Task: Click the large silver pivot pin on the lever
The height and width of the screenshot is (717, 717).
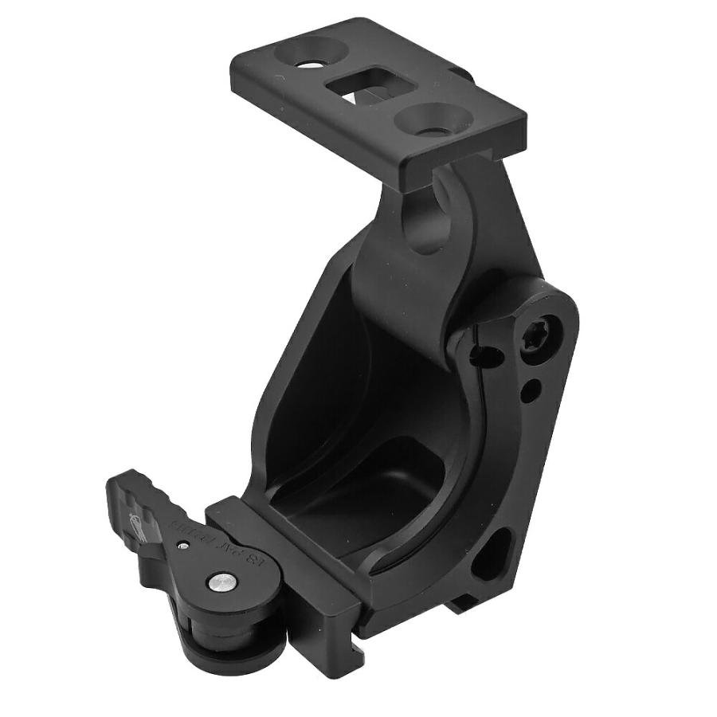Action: click(x=221, y=583)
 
